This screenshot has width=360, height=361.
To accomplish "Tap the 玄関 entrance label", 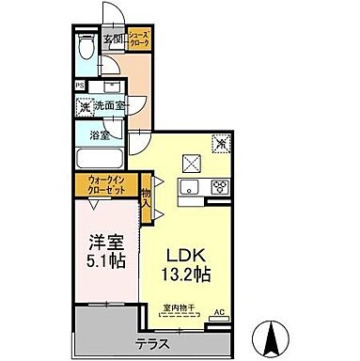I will (x=113, y=38).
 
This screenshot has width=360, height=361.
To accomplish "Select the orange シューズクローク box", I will (x=139, y=39).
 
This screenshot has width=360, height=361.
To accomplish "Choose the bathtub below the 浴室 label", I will (x=97, y=156).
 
